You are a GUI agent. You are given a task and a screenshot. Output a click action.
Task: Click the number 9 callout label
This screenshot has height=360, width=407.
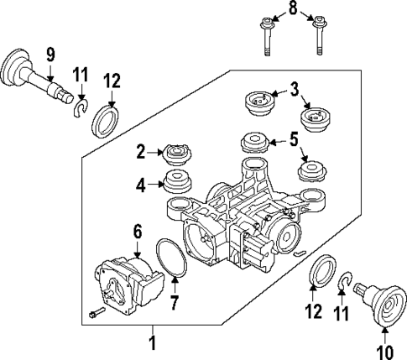[x=50, y=55]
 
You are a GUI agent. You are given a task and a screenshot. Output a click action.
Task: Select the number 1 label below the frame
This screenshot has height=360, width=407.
[x=152, y=342]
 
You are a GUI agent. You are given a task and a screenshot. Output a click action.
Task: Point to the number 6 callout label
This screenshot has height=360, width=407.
[x=138, y=229]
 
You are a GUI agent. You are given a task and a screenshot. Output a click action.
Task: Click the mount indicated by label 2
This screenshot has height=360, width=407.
[x=177, y=154]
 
